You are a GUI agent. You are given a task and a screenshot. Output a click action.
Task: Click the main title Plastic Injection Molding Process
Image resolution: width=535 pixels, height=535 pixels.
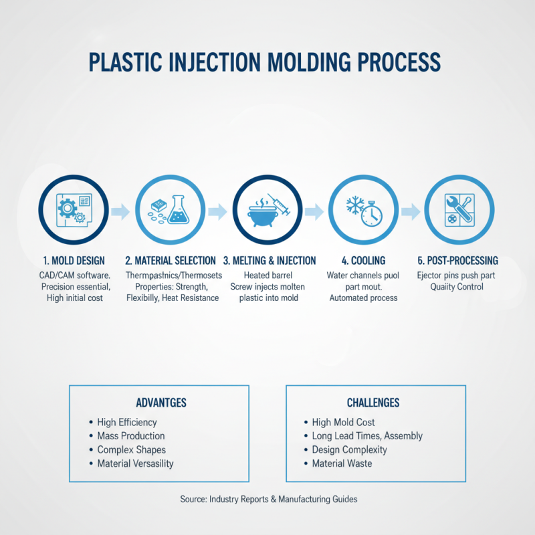click(x=265, y=62)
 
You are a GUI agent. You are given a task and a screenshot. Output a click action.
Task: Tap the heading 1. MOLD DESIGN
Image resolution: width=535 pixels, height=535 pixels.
click(x=66, y=261)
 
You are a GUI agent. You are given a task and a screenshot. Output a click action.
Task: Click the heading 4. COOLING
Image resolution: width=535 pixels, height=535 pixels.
click(x=363, y=261)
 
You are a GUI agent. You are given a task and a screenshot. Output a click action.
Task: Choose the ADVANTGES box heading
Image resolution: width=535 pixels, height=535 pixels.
click(x=160, y=403)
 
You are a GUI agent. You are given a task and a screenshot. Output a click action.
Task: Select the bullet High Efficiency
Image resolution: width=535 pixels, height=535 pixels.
click(x=127, y=423)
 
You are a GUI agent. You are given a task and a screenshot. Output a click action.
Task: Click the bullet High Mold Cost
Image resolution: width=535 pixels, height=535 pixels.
click(x=343, y=423)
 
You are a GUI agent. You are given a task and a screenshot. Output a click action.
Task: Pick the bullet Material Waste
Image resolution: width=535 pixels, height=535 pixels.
click(x=342, y=463)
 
